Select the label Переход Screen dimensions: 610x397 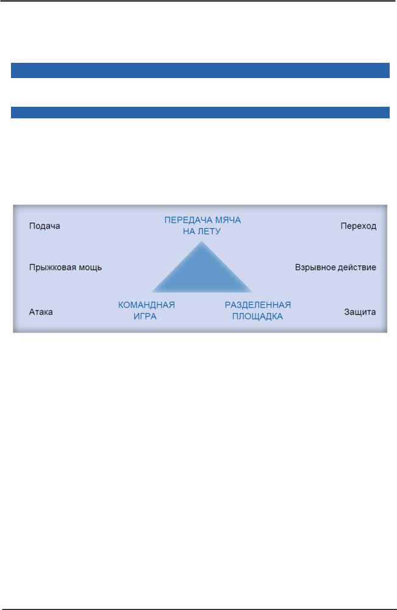pos(358,226)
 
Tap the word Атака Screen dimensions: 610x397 pos(41,312)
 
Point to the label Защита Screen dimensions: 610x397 pos(360,312)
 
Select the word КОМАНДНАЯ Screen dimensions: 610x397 pos(146,305)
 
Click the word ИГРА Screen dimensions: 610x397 pos(146,317)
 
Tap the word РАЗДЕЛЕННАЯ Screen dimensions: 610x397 pos(257,305)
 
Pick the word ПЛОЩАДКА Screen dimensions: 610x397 pos(257,317)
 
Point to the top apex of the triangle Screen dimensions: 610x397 pos(201,242)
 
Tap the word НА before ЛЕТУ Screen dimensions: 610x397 pos(189,232)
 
